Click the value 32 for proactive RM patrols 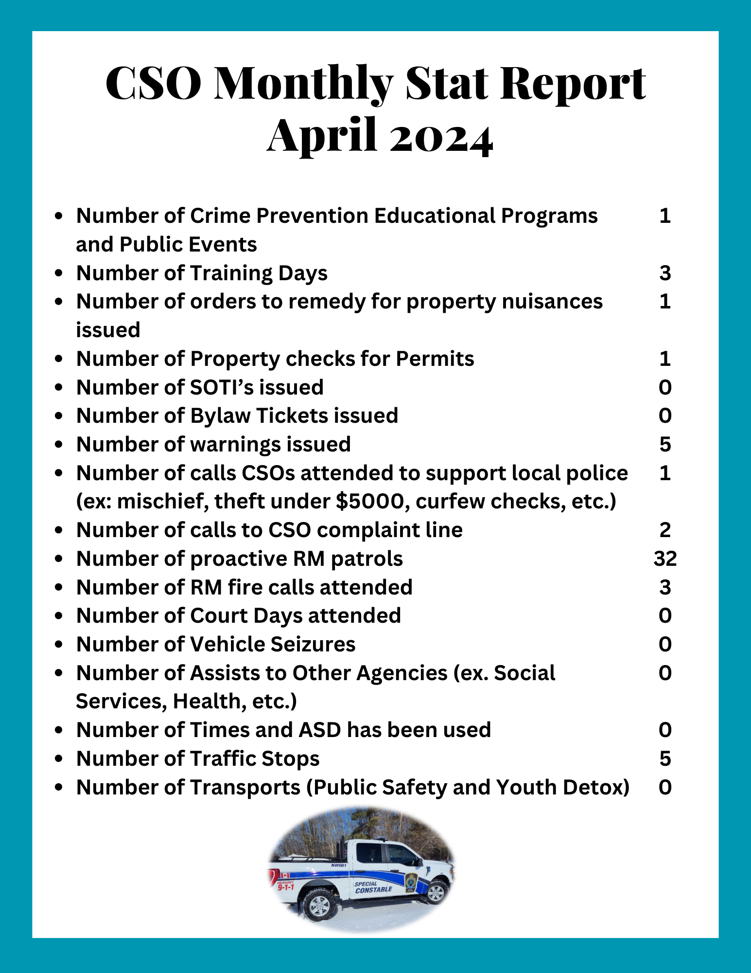pyautogui.click(x=665, y=559)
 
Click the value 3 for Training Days pyautogui.click(x=665, y=273)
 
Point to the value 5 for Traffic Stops pyautogui.click(x=665, y=758)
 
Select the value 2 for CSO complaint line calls pyautogui.click(x=665, y=530)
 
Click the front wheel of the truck pyautogui.click(x=435, y=893)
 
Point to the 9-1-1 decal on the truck pyautogui.click(x=286, y=886)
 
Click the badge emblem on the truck pyautogui.click(x=411, y=881)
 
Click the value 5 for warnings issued pyautogui.click(x=665, y=444)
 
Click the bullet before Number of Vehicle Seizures pyautogui.click(x=59, y=645)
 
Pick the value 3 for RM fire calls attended pyautogui.click(x=665, y=587)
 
